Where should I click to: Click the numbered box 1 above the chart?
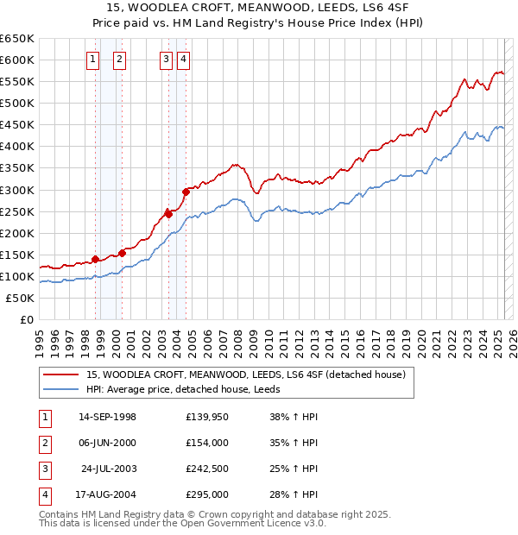93,60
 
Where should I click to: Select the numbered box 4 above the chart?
185,60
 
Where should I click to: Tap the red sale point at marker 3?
169,214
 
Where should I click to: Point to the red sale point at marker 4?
186,192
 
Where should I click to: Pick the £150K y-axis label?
17,255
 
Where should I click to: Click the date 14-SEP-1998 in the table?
107,417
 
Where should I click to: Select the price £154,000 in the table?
207,443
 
